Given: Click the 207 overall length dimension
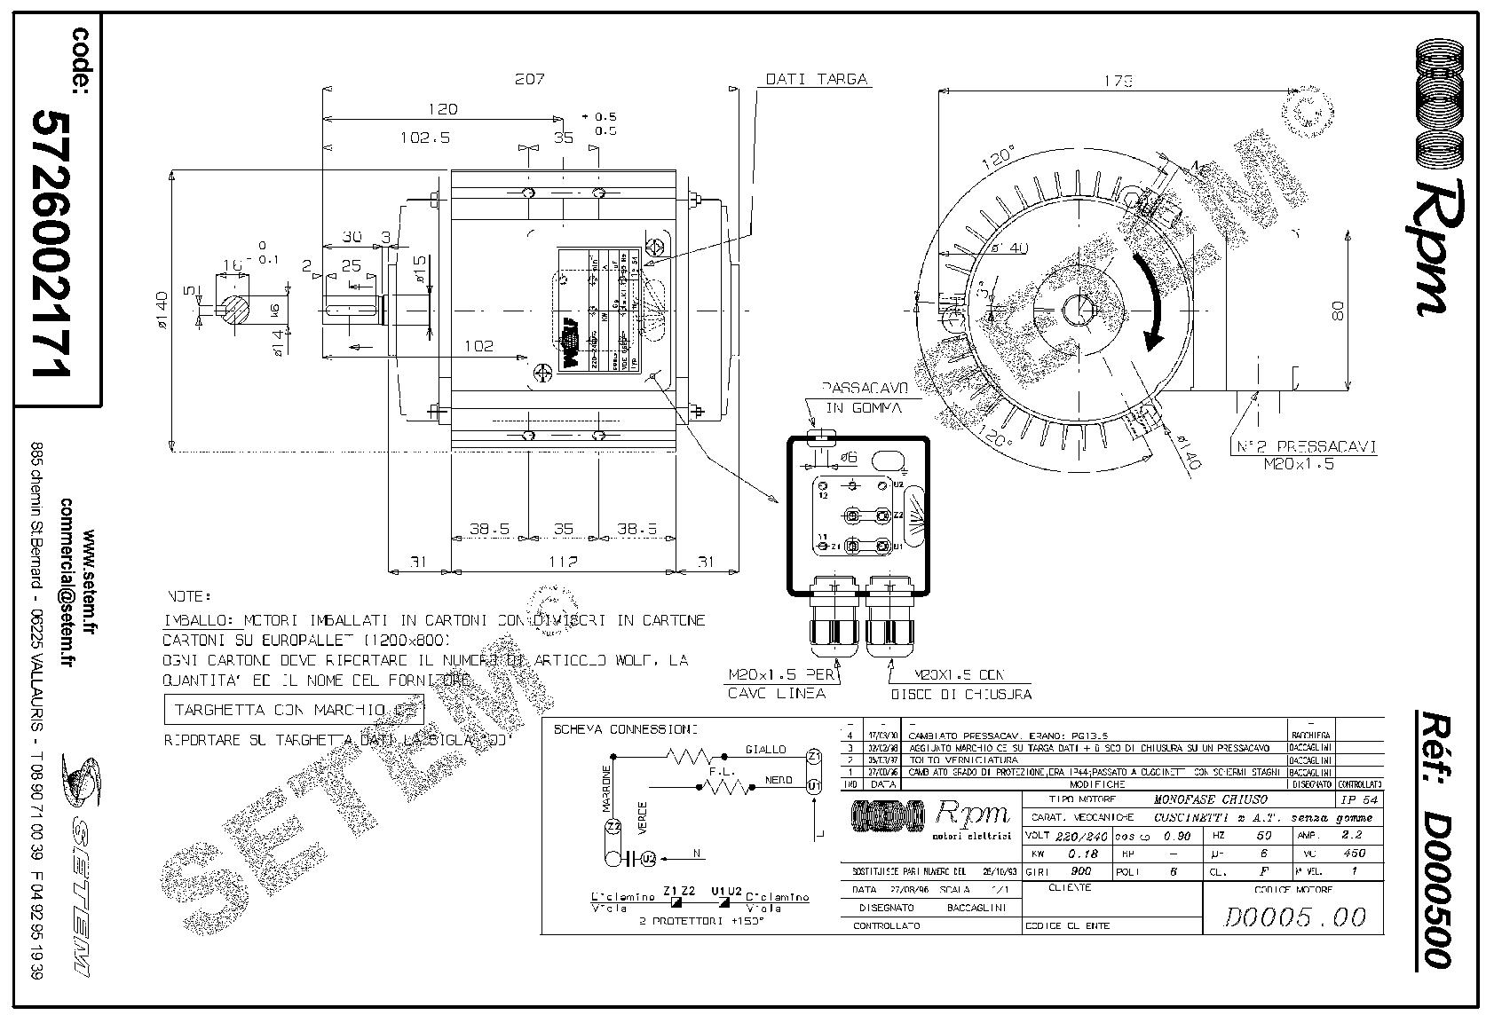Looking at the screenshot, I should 529,79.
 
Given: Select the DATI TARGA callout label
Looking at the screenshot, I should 817,79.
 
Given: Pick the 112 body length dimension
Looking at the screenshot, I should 563,562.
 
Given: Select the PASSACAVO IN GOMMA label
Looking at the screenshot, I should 862,398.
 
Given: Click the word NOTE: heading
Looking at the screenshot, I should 188,596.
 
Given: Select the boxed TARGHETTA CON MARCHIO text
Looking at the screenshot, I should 294,710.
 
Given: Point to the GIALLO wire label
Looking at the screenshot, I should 766,749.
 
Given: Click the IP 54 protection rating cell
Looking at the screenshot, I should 1357,799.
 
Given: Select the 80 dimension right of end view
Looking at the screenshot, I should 1339,310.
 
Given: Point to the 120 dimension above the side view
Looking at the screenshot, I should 442,109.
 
